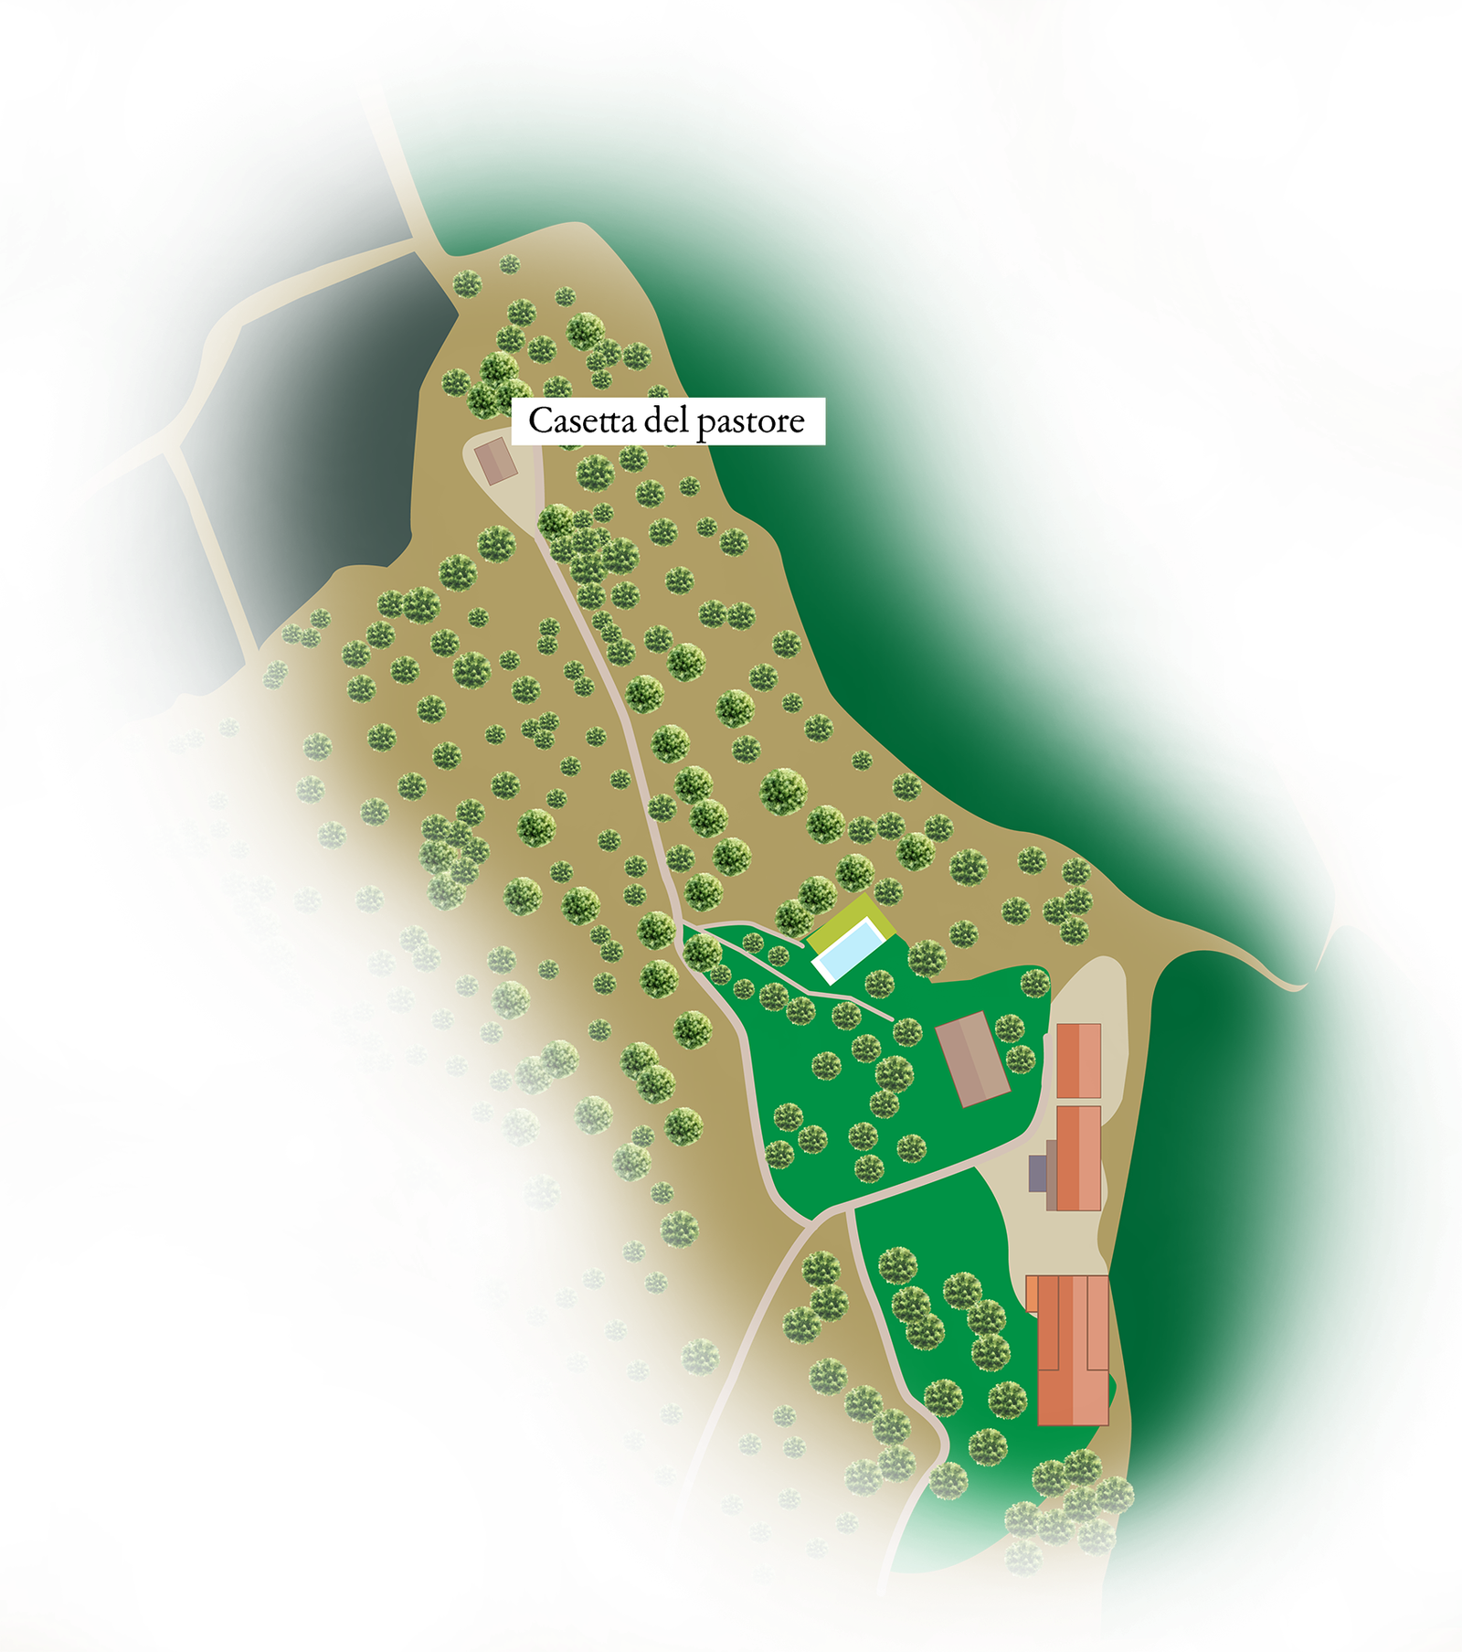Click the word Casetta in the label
point(582,421)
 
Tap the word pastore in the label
point(750,421)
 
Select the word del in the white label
point(668,421)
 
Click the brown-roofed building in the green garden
point(972,1059)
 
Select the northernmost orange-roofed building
point(1078,1060)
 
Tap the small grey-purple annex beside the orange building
point(1037,1173)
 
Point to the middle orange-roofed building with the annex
point(1078,1157)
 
